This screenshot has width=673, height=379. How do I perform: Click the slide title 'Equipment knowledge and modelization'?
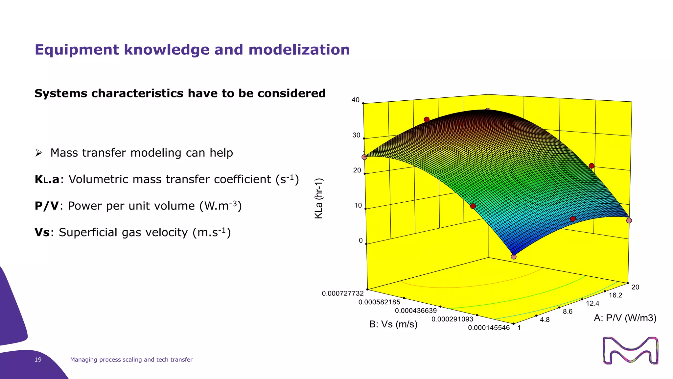pyautogui.click(x=192, y=50)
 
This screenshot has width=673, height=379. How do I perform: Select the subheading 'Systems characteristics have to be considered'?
pyautogui.click(x=180, y=93)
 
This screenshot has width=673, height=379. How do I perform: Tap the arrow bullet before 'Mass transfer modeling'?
pyautogui.click(x=39, y=153)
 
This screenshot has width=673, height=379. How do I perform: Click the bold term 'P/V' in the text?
pyautogui.click(x=47, y=206)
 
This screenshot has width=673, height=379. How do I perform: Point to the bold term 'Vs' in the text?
pyautogui.click(x=42, y=233)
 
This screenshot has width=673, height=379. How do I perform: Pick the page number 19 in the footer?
pyautogui.click(x=38, y=360)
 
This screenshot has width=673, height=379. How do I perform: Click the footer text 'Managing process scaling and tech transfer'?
pyautogui.click(x=131, y=360)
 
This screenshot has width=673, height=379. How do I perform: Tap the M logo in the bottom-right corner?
pyautogui.click(x=631, y=351)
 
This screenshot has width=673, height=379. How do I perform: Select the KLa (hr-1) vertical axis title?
pyautogui.click(x=319, y=198)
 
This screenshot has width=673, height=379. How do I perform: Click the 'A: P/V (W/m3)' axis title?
pyautogui.click(x=625, y=318)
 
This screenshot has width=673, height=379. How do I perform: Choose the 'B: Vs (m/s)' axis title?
pyautogui.click(x=393, y=324)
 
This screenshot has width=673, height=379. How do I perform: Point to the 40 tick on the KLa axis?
pyautogui.click(x=356, y=100)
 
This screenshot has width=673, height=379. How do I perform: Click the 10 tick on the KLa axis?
pyautogui.click(x=358, y=206)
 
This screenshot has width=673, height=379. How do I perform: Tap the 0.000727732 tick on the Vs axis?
pyautogui.click(x=343, y=293)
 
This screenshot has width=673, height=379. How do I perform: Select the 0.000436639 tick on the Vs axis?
pyautogui.click(x=416, y=311)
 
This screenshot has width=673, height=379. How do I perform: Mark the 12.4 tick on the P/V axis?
pyautogui.click(x=592, y=303)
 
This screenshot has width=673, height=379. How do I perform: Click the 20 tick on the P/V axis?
pyautogui.click(x=635, y=287)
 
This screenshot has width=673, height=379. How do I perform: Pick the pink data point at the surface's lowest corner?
pyautogui.click(x=514, y=257)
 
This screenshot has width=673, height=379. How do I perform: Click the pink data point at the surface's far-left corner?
pyautogui.click(x=364, y=157)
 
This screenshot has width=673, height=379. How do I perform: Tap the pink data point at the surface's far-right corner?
pyautogui.click(x=629, y=220)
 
